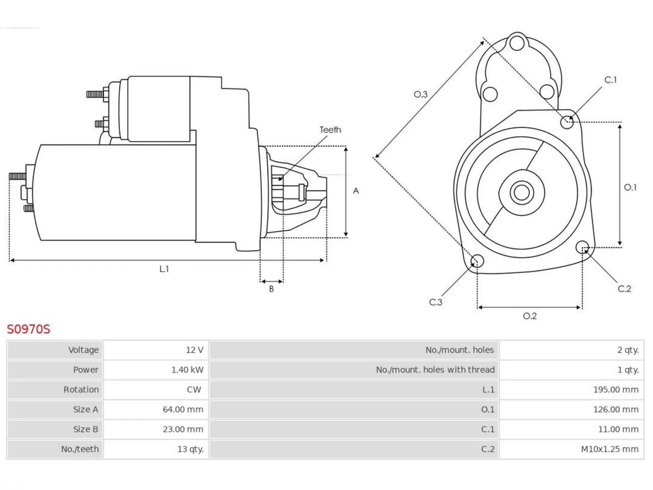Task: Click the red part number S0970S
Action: (29, 329)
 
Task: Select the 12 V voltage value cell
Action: (156, 350)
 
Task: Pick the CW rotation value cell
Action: (156, 389)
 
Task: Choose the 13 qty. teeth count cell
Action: (156, 449)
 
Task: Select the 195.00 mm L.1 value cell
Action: (571, 389)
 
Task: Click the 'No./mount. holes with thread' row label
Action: (435, 370)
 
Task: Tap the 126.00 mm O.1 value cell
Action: (571, 409)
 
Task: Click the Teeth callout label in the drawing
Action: (330, 130)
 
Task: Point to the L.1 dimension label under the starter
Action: (164, 269)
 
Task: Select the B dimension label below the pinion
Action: (271, 288)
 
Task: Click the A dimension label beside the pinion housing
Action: (356, 191)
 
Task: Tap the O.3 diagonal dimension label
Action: (421, 94)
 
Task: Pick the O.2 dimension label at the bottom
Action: (530, 315)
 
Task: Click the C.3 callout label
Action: (436, 302)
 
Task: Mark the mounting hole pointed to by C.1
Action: (567, 122)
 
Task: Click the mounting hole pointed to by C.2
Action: (582, 247)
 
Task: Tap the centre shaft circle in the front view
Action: (521, 192)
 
